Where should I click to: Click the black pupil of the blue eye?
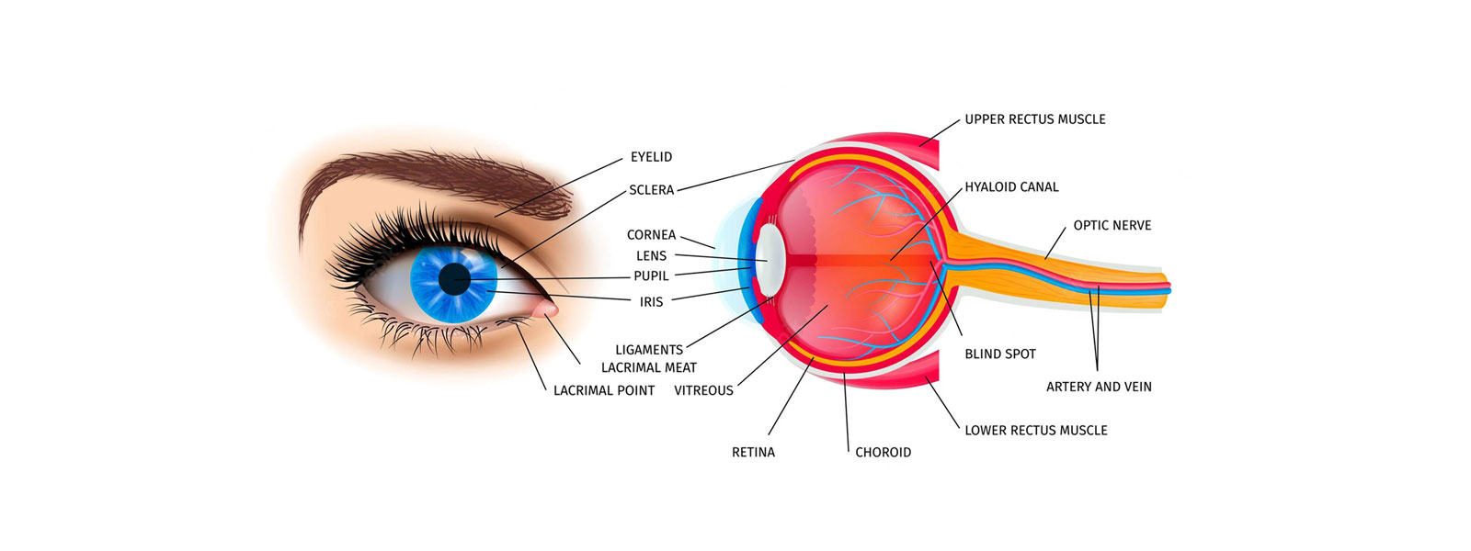(x=454, y=279)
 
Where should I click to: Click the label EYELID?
(x=652, y=157)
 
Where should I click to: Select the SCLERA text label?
(x=652, y=190)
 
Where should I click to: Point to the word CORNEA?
(x=651, y=235)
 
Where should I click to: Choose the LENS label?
(x=652, y=256)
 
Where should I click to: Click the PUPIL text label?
(x=652, y=276)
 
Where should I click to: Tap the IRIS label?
(x=652, y=302)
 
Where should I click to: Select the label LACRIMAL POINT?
(x=604, y=391)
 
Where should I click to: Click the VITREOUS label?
(x=703, y=391)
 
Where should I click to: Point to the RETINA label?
(x=753, y=453)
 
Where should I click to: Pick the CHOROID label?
(x=883, y=453)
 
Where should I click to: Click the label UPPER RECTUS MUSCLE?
(x=1035, y=119)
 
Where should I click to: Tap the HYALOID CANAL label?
(x=1011, y=187)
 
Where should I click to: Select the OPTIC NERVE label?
(x=1112, y=226)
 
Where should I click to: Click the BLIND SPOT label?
(x=1000, y=354)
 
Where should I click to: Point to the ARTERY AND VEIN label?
(x=1099, y=387)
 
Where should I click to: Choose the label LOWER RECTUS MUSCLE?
(x=1035, y=431)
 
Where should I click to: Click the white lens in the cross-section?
(x=770, y=261)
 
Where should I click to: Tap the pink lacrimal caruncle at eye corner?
(x=548, y=308)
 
